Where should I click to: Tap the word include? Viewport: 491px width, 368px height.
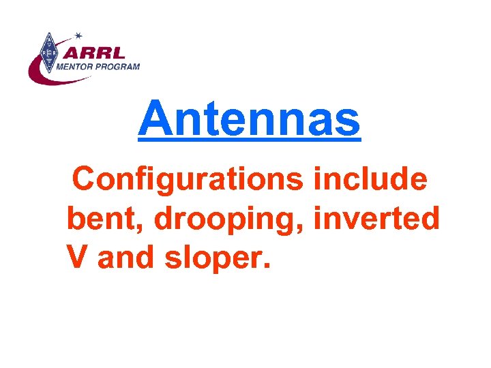(370, 180)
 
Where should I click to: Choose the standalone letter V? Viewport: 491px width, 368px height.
(78, 258)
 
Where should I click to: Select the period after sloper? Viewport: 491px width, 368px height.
(267, 268)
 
